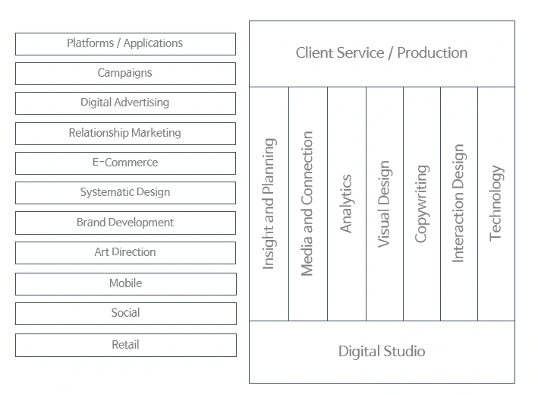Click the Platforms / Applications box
coord(125,43)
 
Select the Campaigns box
coord(125,73)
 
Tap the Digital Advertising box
coord(125,103)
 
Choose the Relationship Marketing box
coord(125,133)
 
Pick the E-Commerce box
coord(125,163)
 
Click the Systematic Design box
coord(125,192)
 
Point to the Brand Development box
coord(125,223)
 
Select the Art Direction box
coord(125,252)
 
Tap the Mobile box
coord(125,283)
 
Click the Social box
coord(125,313)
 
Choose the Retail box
coord(125,345)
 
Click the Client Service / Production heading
coord(382,53)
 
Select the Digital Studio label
coord(382,351)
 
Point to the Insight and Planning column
coord(269,204)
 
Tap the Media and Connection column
coord(307,204)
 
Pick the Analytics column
coord(346,204)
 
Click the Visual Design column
coord(384,204)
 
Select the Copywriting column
coord(421,204)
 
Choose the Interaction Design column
coord(458,204)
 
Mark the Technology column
coord(496,204)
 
